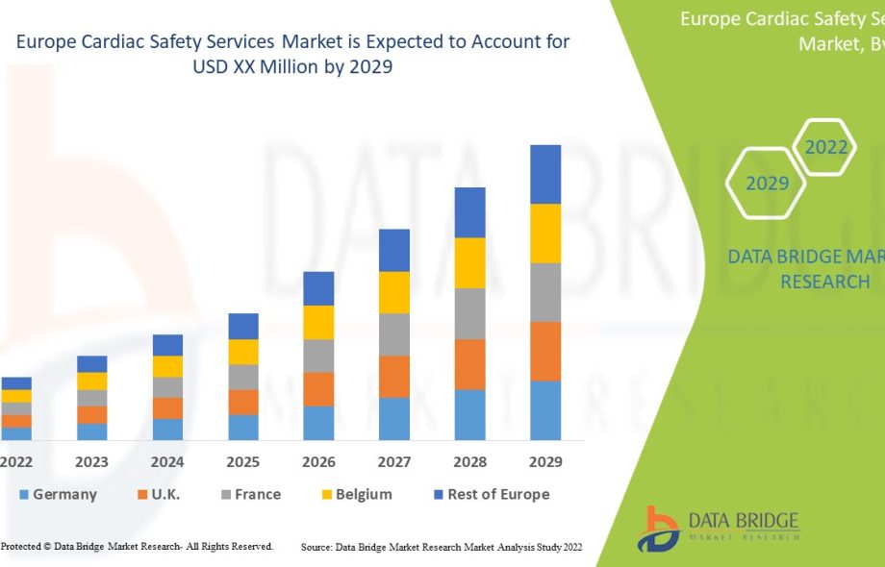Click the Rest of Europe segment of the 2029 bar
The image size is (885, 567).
[545, 174]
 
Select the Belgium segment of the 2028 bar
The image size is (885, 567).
[469, 262]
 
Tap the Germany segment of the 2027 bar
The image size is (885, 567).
[394, 418]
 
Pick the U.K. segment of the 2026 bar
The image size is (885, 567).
[318, 388]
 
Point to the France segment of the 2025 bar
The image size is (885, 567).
[243, 376]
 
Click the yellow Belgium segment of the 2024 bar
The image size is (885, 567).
[167, 366]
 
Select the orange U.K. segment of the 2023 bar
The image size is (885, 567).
[92, 414]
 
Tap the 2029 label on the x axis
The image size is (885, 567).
[545, 462]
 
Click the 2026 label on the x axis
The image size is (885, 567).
[318, 462]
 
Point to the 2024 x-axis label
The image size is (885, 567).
[167, 462]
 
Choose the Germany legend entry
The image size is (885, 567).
[58, 494]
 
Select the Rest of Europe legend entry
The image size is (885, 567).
[491, 494]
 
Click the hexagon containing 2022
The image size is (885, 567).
[825, 147]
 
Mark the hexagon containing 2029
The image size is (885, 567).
[767, 183]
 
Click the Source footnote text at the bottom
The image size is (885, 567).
[442, 547]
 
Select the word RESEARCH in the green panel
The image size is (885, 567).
[824, 282]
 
